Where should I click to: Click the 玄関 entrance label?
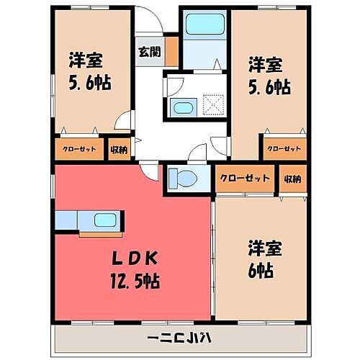pyautogui.click(x=150, y=51)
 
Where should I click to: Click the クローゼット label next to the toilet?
pyautogui.click(x=245, y=178)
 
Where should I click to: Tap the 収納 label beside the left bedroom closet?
pyautogui.click(x=120, y=150)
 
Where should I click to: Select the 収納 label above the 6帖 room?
pyautogui.click(x=291, y=179)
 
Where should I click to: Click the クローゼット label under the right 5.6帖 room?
pyautogui.click(x=282, y=149)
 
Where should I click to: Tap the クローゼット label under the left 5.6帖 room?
pyautogui.click(x=78, y=150)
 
